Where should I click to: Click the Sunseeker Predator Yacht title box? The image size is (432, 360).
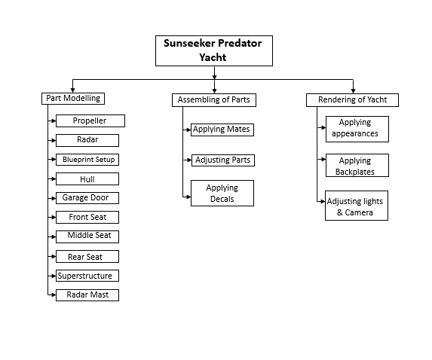coord(214,50)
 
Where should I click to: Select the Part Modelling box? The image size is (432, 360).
coord(73,99)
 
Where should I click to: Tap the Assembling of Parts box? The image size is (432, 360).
coord(214,100)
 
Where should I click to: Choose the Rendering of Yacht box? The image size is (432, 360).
coord(352,100)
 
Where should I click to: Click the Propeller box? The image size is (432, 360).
coord(90,121)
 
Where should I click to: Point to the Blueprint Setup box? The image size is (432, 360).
coord(87,160)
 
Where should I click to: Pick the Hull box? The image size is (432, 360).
coord(87,179)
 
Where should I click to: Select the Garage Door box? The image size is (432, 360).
coord(87,198)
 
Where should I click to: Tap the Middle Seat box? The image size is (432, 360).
coord(87,236)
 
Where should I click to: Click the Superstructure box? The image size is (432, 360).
coord(87,276)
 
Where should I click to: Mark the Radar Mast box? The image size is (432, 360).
coord(87,295)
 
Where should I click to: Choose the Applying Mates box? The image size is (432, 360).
coord(222,130)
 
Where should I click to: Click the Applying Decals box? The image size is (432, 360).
coord(222,194)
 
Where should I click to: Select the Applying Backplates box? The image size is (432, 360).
coord(357,165)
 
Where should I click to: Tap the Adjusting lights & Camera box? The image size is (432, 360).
coord(357,206)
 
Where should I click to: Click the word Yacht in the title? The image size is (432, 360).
coord(213,57)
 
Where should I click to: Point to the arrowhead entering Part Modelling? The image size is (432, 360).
coord(72,90)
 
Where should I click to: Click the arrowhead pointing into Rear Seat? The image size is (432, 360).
coord(54,257)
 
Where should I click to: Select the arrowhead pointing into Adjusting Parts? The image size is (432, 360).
coord(189,160)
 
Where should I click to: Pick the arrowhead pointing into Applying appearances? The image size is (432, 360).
coord(323,128)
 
